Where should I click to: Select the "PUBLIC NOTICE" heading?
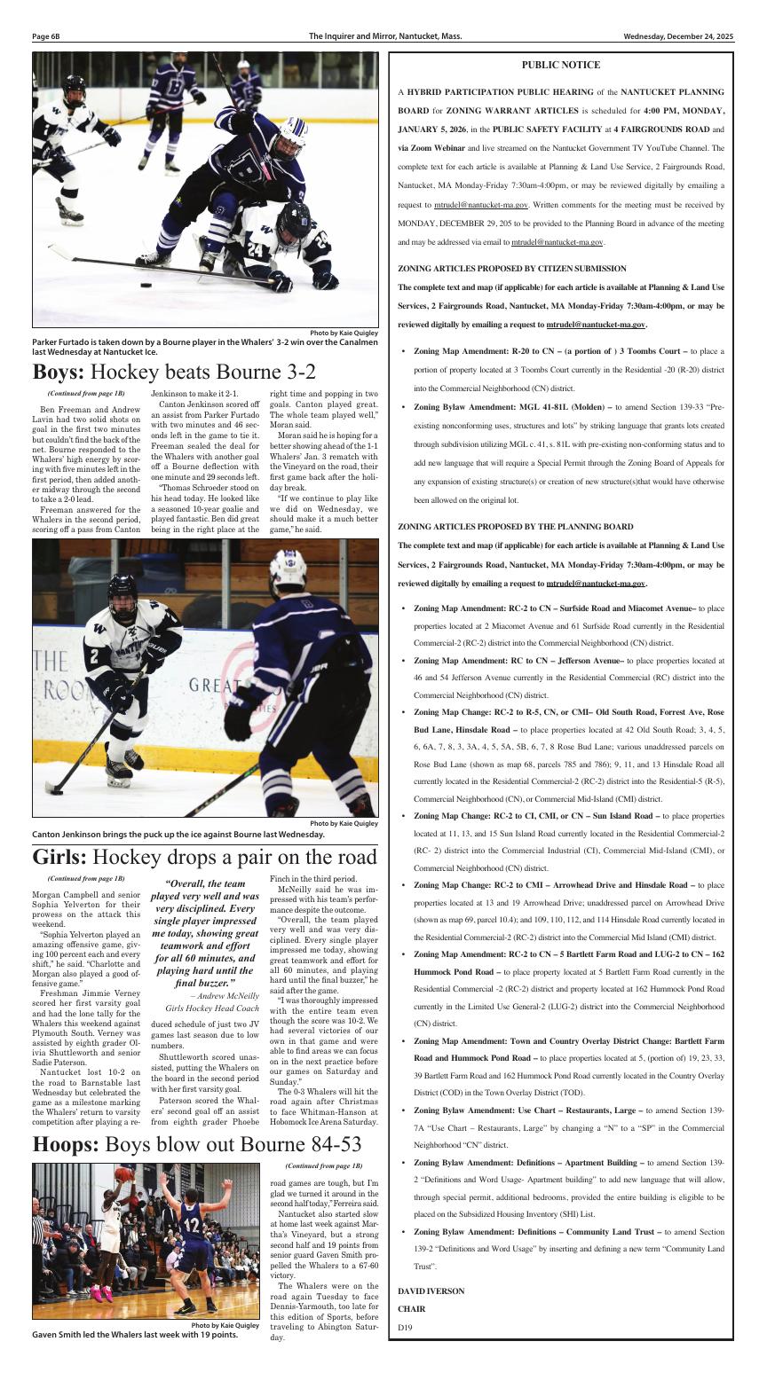point(560,65)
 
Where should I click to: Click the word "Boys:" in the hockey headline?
point(59,372)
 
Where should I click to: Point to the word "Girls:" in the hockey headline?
point(59,858)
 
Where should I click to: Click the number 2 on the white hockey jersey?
point(117,657)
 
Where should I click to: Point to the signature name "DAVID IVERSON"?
point(431,1291)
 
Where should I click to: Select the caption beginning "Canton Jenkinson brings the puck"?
point(178,834)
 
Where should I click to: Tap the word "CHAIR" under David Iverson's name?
point(411,1308)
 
